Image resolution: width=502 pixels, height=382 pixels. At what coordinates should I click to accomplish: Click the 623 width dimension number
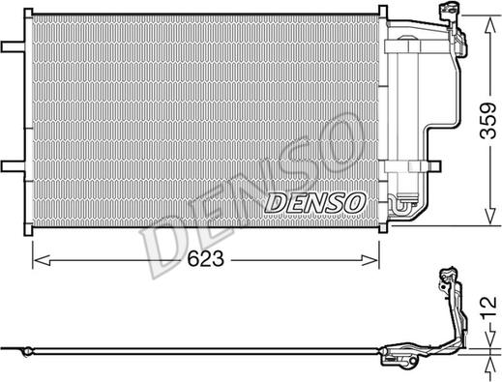[x=206, y=259]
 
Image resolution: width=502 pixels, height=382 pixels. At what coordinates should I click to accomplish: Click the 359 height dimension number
[x=487, y=121]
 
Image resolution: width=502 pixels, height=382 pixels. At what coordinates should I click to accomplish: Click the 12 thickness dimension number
[x=488, y=308]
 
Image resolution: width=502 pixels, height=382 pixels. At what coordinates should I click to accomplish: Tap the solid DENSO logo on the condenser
[x=315, y=203]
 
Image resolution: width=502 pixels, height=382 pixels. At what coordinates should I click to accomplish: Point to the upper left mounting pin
[x=13, y=46]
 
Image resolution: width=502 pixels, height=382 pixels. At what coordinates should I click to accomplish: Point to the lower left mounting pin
[x=13, y=166]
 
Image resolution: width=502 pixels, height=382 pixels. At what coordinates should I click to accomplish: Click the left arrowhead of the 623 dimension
[x=42, y=260]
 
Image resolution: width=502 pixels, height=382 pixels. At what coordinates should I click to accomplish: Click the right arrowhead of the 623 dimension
[x=369, y=260]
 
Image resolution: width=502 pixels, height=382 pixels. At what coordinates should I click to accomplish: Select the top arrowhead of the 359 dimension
[x=490, y=25]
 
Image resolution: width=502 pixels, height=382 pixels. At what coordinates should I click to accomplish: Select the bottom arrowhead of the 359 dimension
[x=490, y=216]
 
